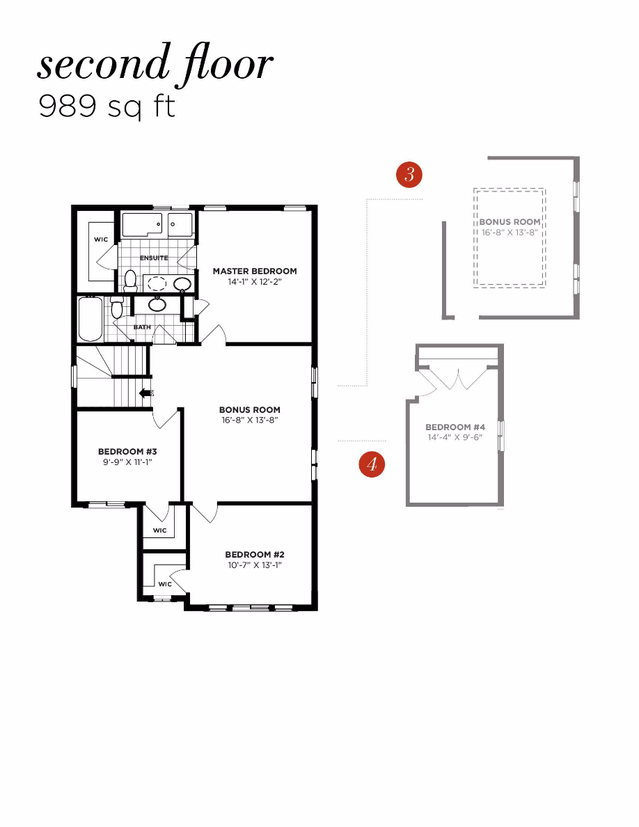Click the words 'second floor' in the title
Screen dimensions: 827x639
(155, 65)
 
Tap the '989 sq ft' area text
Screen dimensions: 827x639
(106, 107)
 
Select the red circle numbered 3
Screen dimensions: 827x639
(409, 174)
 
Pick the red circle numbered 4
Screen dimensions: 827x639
(372, 464)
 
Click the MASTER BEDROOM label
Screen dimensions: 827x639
(255, 271)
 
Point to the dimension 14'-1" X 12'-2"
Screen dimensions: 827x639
(255, 283)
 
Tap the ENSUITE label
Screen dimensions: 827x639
(154, 258)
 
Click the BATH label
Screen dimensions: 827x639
(142, 327)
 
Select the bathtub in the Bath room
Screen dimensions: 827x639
(90, 319)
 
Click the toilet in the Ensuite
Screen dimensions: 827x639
(130, 280)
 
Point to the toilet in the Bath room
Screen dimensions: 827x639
(117, 306)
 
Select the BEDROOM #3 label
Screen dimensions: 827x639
(125, 451)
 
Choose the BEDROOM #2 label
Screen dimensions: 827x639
(255, 554)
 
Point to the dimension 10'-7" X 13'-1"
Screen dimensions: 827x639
(255, 565)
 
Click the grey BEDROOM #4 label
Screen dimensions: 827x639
(455, 427)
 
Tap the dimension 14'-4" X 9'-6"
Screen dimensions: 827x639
(455, 438)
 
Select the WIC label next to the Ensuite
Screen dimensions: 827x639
(101, 239)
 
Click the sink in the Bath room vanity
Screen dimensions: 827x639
(157, 304)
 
